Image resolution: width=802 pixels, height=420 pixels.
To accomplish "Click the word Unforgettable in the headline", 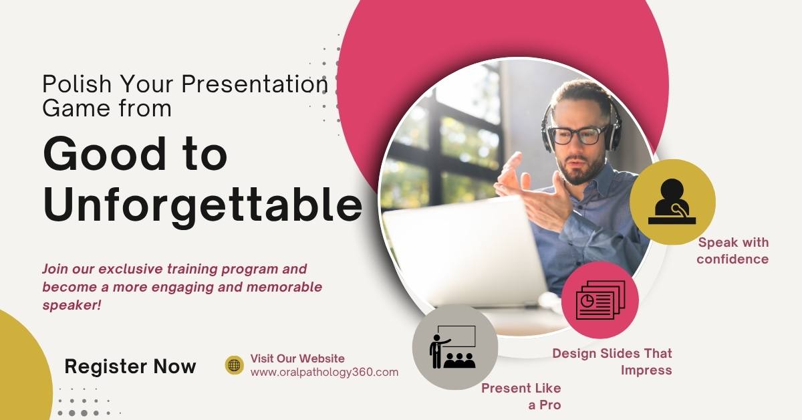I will tap(203, 205).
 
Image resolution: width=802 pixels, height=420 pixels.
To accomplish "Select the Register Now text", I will tap(130, 366).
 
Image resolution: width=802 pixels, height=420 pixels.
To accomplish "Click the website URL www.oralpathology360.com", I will tap(324, 373).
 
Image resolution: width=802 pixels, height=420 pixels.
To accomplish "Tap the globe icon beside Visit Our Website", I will tap(234, 365).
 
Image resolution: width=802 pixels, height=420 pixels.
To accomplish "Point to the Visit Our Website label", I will tap(297, 358).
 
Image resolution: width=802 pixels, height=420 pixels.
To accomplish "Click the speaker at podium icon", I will tap(672, 202).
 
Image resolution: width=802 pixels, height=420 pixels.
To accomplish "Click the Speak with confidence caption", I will tap(732, 251).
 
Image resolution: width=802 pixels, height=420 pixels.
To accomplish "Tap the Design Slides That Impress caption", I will tap(612, 361).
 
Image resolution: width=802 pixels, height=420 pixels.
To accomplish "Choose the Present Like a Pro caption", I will tap(521, 396).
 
